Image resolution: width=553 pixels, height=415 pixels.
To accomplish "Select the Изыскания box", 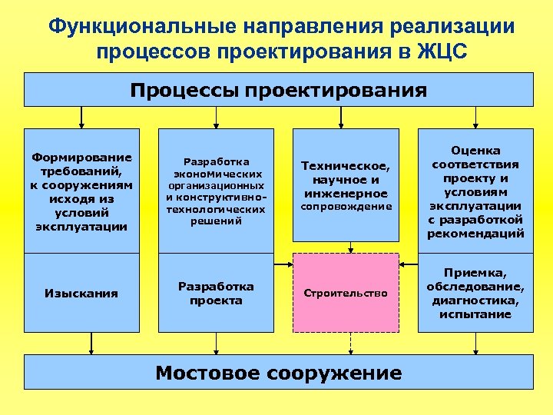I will [x=81, y=293].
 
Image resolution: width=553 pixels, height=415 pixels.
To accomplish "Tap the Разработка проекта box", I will [x=216, y=293].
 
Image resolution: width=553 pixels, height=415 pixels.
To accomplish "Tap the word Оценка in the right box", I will [x=475, y=151].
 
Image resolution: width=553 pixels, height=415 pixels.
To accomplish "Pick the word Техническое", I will [x=346, y=165].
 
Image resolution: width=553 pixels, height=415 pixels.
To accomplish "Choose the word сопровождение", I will [x=346, y=207].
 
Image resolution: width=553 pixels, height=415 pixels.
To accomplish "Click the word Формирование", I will [x=81, y=157].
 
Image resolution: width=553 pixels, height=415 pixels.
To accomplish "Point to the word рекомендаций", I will [x=475, y=234].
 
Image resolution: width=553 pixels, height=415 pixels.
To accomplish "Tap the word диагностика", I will [x=475, y=300].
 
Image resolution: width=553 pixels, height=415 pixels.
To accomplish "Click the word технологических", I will [x=216, y=208].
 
